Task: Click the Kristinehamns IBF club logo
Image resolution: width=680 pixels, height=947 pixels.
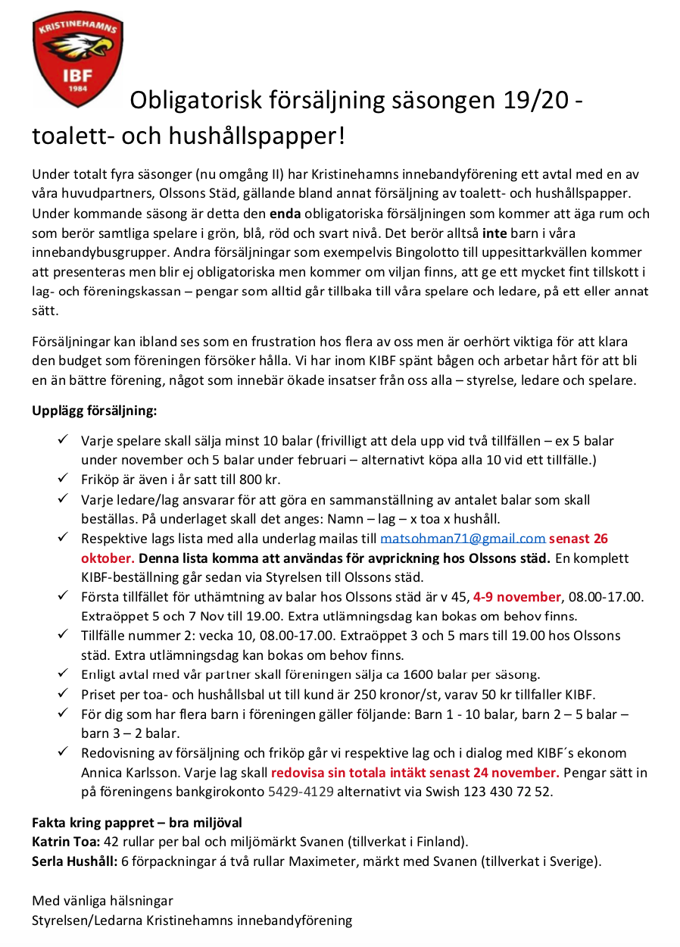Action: click(x=78, y=58)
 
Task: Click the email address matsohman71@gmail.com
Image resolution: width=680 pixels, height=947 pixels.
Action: click(x=463, y=539)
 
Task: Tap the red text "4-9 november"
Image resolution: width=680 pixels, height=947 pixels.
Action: click(x=517, y=596)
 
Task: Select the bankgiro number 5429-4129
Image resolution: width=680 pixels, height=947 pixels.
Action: click(x=301, y=792)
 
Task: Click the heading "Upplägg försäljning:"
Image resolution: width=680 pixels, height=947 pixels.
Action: click(x=94, y=411)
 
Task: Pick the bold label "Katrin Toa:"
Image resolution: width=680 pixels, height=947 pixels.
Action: click(x=66, y=842)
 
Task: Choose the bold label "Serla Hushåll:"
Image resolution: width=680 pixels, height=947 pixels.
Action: click(x=74, y=861)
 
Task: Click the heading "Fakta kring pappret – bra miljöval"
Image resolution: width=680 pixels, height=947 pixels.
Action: click(x=136, y=822)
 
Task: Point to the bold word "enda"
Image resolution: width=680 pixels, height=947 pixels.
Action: click(x=285, y=214)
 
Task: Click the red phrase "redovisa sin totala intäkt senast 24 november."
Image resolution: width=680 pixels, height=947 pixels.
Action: click(x=415, y=773)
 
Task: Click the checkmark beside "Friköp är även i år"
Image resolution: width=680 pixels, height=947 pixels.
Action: click(x=63, y=480)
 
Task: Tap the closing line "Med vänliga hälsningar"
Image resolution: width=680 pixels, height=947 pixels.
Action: click(x=102, y=901)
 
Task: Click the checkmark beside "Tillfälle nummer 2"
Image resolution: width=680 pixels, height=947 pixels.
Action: click(x=63, y=636)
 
